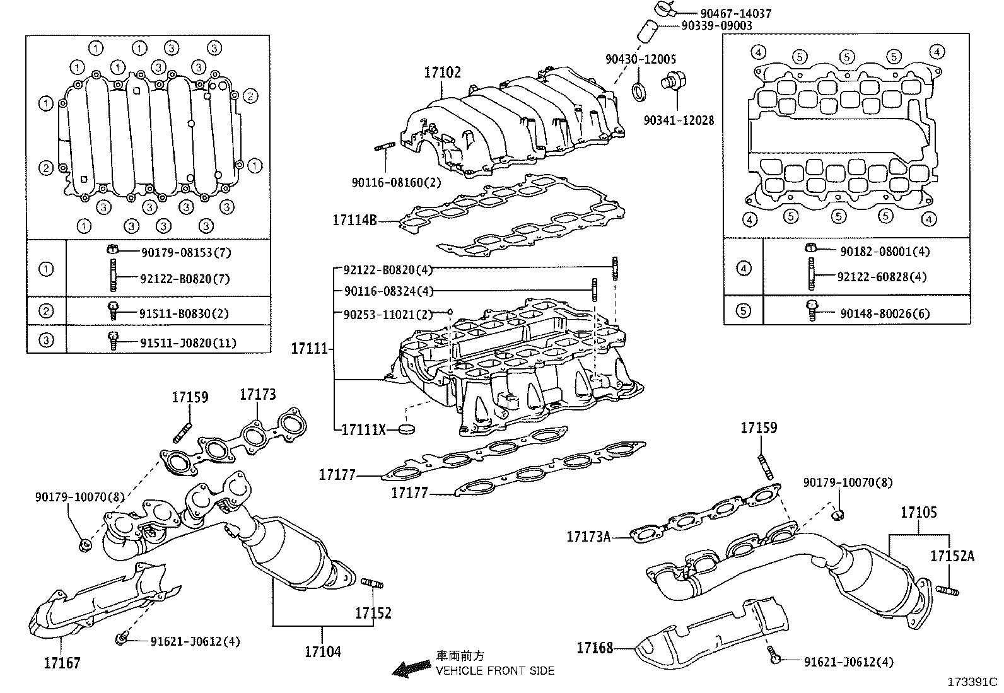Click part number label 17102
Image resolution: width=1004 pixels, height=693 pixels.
(x=442, y=72)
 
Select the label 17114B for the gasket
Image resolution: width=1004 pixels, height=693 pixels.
(x=354, y=221)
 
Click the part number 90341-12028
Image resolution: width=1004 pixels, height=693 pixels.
(x=679, y=120)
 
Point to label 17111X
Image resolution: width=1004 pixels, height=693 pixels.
(x=363, y=430)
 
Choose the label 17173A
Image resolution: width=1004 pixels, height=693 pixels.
(x=588, y=537)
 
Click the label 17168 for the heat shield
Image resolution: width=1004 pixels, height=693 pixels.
(x=594, y=648)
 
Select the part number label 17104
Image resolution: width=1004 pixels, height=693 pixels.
(x=322, y=651)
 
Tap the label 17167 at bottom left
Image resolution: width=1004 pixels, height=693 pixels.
(x=62, y=663)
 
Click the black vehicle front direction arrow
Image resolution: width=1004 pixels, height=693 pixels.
(x=408, y=668)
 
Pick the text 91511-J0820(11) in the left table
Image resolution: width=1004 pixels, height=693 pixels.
(x=188, y=343)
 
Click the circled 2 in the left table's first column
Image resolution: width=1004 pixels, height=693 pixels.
(x=46, y=311)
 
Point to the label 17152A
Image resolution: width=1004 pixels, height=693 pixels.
(x=952, y=556)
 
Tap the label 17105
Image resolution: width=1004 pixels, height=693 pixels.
(x=918, y=513)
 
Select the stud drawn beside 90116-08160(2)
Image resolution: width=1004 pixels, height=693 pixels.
(x=384, y=149)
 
